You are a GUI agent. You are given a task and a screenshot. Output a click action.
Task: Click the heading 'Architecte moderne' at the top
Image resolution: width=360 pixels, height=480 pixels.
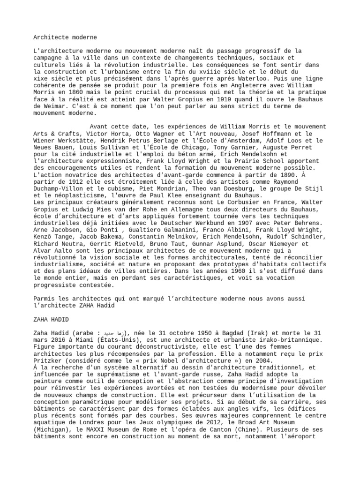65,37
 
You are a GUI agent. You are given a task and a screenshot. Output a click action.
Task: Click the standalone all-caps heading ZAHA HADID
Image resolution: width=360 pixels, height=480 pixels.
52,319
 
